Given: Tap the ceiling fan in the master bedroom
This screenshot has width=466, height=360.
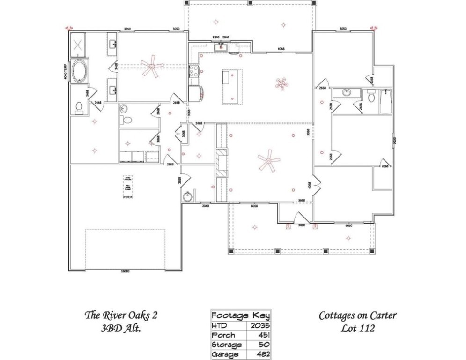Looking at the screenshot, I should coord(152,66).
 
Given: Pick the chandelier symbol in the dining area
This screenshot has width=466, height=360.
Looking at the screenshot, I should coord(281,84).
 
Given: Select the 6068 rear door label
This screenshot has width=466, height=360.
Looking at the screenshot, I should coord(281,48).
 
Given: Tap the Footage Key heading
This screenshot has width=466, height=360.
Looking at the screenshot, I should coord(240,315).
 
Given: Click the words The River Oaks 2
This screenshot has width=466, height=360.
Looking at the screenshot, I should coord(120,315).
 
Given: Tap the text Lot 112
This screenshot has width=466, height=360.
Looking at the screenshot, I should coord(357,328).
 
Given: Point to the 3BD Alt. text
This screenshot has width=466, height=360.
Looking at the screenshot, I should coord(120,329).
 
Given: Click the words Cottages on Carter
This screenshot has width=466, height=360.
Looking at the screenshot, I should coord(357,315).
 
